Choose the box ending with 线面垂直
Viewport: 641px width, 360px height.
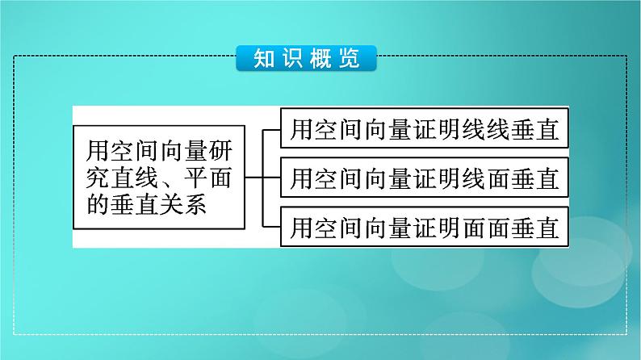point(425,177)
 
